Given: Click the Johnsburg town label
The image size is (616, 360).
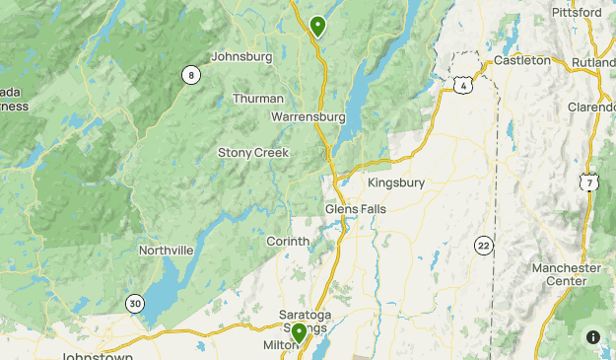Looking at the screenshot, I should click(x=241, y=57).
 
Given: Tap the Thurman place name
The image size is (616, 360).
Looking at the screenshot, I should click(x=258, y=99).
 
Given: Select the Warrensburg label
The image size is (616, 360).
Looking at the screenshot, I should click(x=308, y=116).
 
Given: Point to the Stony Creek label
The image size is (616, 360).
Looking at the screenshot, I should click(x=253, y=153).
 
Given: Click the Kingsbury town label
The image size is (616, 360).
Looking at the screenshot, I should click(x=395, y=182).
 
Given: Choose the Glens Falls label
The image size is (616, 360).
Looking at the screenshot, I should click(x=356, y=209).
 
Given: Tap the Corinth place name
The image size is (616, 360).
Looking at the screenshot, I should click(x=288, y=242).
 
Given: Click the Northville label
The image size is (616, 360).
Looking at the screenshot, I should click(x=166, y=251).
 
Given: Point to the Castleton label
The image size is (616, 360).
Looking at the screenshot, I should click(x=522, y=60).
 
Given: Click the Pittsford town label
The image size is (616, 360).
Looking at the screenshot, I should click(x=577, y=13).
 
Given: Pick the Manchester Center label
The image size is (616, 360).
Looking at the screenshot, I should click(x=566, y=274).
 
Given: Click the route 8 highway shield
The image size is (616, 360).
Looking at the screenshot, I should click(x=189, y=75).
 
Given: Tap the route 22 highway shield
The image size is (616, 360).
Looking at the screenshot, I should click(x=483, y=245).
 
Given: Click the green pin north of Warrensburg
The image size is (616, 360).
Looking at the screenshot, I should click(x=317, y=26).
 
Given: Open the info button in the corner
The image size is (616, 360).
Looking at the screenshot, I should click(x=593, y=337).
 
